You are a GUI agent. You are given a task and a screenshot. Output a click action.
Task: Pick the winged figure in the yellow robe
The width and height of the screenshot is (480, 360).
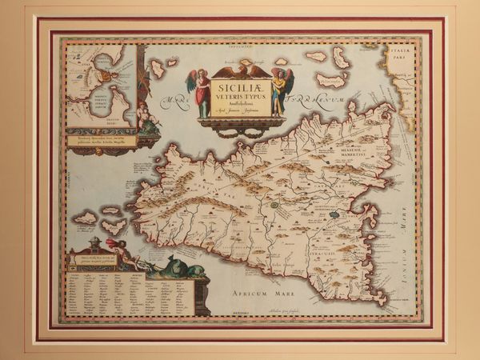279,90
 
